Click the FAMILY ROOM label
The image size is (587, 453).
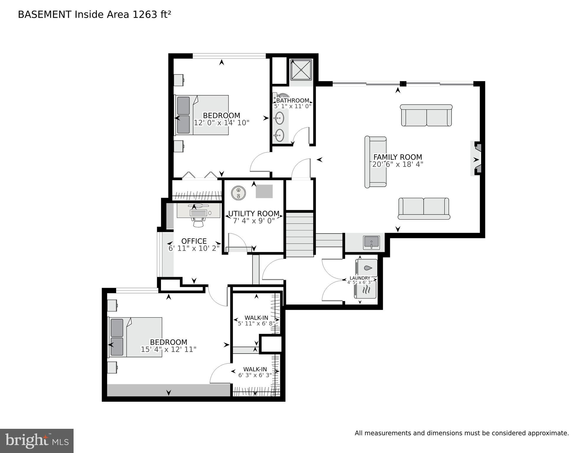coord(398,157)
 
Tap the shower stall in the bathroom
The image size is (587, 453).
coord(301,70)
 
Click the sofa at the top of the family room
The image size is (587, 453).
coord(426,115)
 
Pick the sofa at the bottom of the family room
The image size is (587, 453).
coord(424,209)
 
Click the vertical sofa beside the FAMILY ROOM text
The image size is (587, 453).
coord(375,162)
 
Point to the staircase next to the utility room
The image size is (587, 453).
coord(300,235)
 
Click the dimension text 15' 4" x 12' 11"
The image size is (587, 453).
coord(168,349)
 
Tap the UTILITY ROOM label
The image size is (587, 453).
coord(254,214)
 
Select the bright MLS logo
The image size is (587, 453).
coord(37,441)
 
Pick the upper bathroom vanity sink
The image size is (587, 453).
coord(278,118)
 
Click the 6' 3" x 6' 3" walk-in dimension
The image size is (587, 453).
coord(255,375)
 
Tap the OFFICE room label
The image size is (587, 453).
coord(194,241)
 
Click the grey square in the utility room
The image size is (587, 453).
coord(264,192)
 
